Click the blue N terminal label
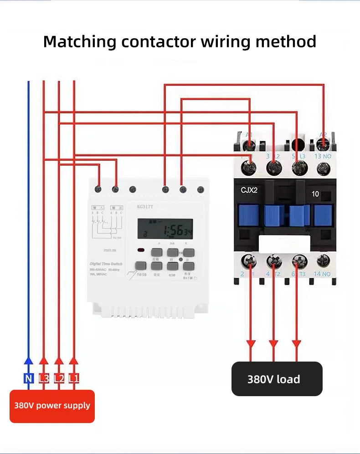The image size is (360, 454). pos(28,378)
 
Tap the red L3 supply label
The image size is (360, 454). pos(44,378)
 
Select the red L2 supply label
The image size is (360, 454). pos(59,378)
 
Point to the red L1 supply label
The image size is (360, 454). pos(74,378)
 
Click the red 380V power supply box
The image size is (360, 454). pos(52,406)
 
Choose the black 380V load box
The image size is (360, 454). pos(277,379)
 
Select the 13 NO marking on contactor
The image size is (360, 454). pos(323,156)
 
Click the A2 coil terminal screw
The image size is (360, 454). pos(323,145)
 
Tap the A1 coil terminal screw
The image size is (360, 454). pos(249,145)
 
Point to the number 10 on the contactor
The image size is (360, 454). pos(315,194)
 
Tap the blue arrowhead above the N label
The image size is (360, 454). pos(28,361)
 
